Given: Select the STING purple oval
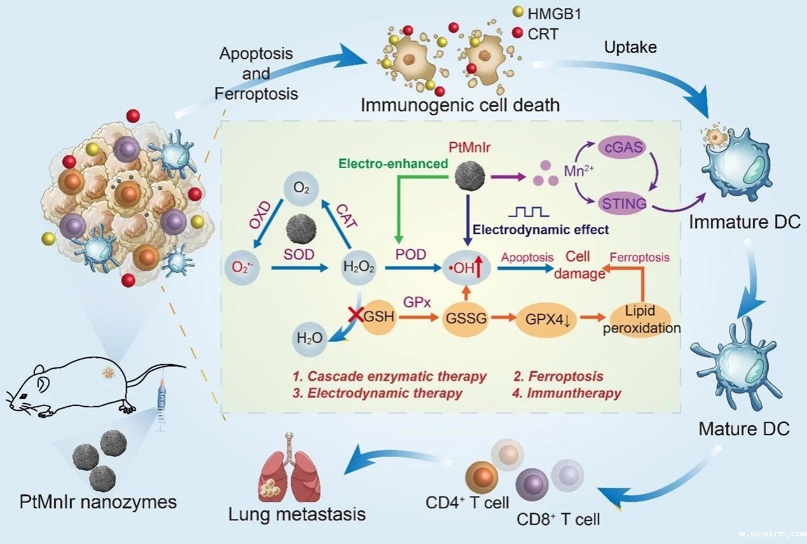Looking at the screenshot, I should [x=623, y=204].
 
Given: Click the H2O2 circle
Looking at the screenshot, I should [x=359, y=268].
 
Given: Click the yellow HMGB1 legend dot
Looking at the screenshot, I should [x=517, y=12].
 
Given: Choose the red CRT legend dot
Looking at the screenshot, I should [x=517, y=32].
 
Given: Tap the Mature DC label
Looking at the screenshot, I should [x=744, y=428].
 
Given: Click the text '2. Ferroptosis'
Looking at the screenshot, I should [x=558, y=376].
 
